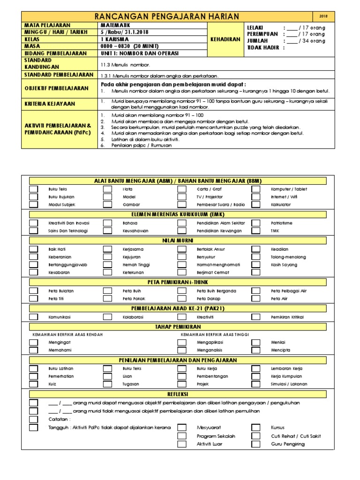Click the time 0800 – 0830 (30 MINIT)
click(x=130, y=46)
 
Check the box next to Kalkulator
click(x=256, y=205)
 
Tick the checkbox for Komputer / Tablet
click(x=256, y=189)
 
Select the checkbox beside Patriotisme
click(x=256, y=223)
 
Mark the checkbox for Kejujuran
click(x=107, y=257)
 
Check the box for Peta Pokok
click(x=107, y=299)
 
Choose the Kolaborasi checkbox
click(x=107, y=317)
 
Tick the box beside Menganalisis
click(x=182, y=350)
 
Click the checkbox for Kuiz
click(x=34, y=384)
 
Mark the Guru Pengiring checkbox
click(x=256, y=444)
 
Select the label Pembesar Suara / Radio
click(x=220, y=205)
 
